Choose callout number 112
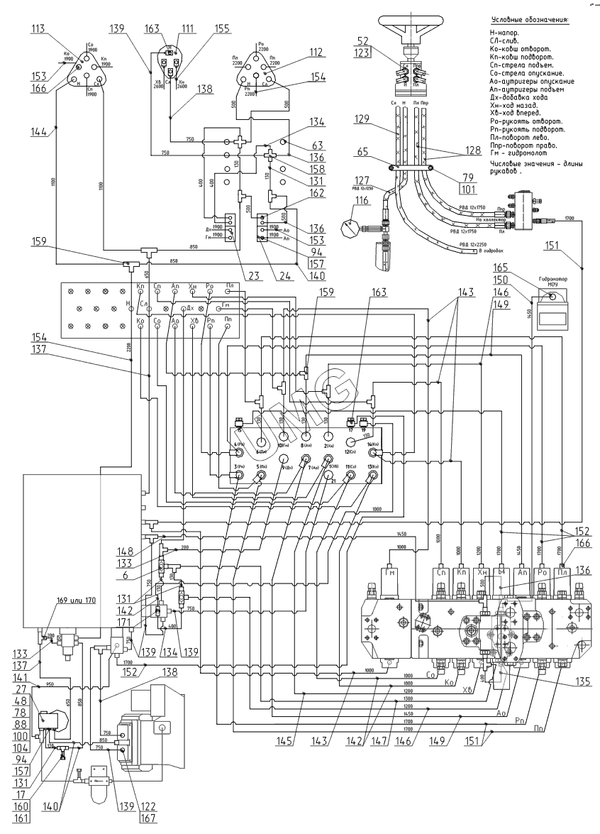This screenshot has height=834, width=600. [315, 51]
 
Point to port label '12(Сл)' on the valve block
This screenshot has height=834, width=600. [350, 451]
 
